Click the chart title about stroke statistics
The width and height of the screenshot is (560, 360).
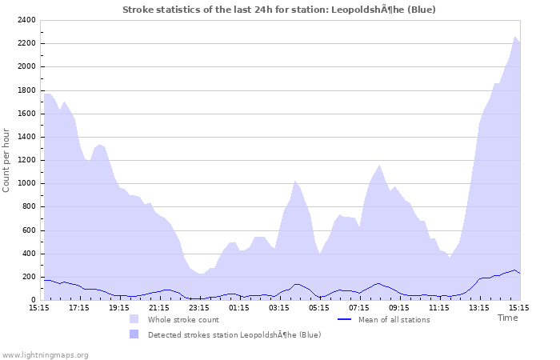click(x=279, y=9)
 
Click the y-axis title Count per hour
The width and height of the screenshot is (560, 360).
click(x=7, y=159)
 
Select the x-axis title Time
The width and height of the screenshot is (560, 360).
click(x=507, y=318)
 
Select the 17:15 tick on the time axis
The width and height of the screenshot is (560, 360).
click(x=79, y=307)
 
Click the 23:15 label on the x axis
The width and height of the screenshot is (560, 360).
click(x=199, y=307)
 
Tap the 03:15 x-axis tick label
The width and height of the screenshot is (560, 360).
click(x=279, y=307)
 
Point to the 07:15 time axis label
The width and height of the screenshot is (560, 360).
click(x=359, y=307)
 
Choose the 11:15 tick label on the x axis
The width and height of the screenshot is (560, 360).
click(x=439, y=307)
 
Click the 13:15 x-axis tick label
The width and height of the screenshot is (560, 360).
click(x=479, y=307)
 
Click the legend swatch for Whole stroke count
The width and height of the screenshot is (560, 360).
click(x=134, y=319)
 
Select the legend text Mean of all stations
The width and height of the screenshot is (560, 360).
click(x=394, y=319)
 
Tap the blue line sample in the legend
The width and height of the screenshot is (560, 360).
click(x=345, y=319)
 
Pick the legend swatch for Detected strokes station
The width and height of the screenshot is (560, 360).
click(x=134, y=334)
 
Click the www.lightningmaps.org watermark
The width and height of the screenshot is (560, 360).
click(x=45, y=354)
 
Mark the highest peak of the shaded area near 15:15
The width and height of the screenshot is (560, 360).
click(x=515, y=36)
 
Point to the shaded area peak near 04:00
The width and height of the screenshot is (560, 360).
click(x=294, y=182)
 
